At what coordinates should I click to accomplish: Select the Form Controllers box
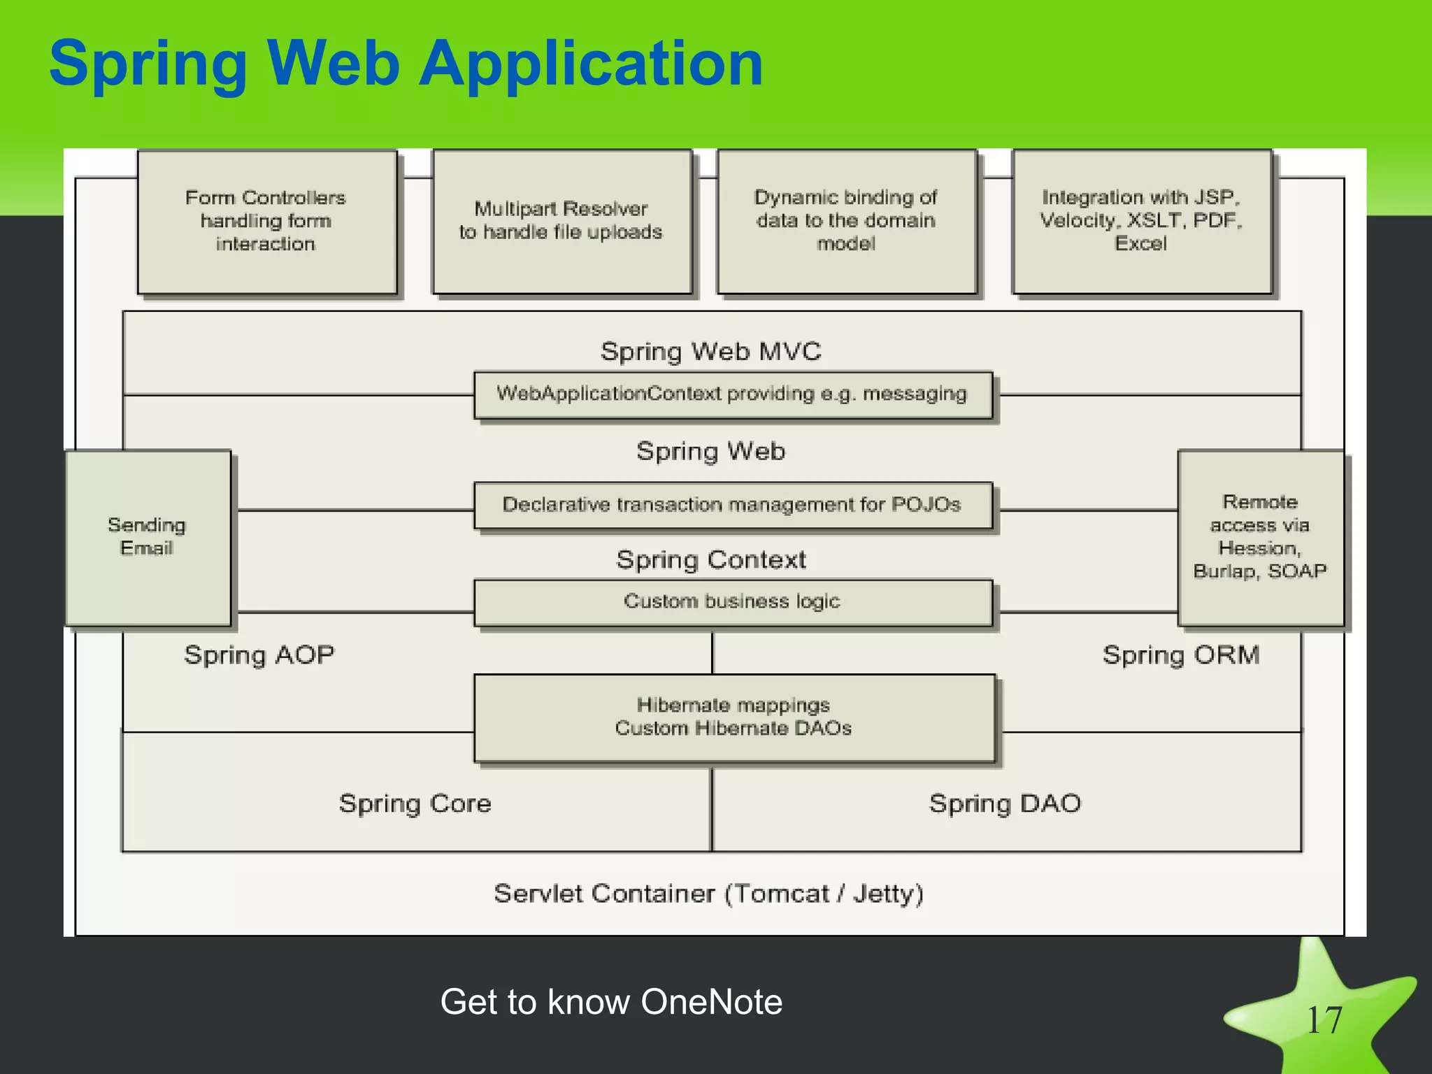(266, 222)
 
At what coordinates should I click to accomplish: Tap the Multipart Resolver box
(561, 222)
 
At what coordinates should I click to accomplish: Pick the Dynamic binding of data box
(846, 222)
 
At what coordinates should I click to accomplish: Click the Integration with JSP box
(1141, 222)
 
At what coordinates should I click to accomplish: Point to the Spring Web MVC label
(710, 351)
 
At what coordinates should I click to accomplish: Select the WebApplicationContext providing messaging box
(732, 394)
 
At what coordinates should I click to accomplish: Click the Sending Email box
(148, 537)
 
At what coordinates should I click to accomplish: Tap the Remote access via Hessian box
(1260, 537)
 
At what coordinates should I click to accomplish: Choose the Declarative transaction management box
(732, 505)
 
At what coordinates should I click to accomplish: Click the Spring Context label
(710, 560)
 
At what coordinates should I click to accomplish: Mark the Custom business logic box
(732, 602)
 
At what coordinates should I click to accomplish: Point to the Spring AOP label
(259, 655)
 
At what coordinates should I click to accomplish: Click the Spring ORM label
(1181, 655)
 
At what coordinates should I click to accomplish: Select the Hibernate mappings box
(733, 717)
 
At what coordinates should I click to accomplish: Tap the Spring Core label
(415, 803)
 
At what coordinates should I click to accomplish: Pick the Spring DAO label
(1005, 803)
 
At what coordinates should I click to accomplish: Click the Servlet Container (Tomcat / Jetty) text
(708, 894)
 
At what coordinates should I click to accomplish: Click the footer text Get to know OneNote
(611, 1001)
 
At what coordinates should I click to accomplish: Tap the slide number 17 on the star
(1324, 1021)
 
